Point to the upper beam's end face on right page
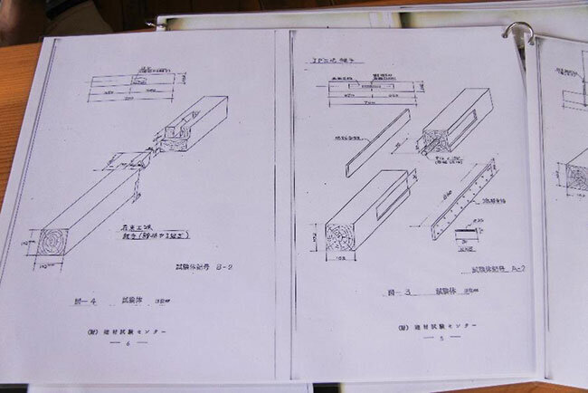click(433, 141)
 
